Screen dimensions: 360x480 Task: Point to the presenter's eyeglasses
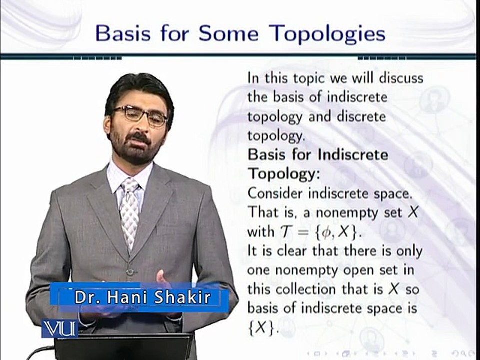coord(140,115)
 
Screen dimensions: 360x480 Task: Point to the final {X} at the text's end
coord(262,328)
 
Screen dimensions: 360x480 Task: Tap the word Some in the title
coord(228,33)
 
